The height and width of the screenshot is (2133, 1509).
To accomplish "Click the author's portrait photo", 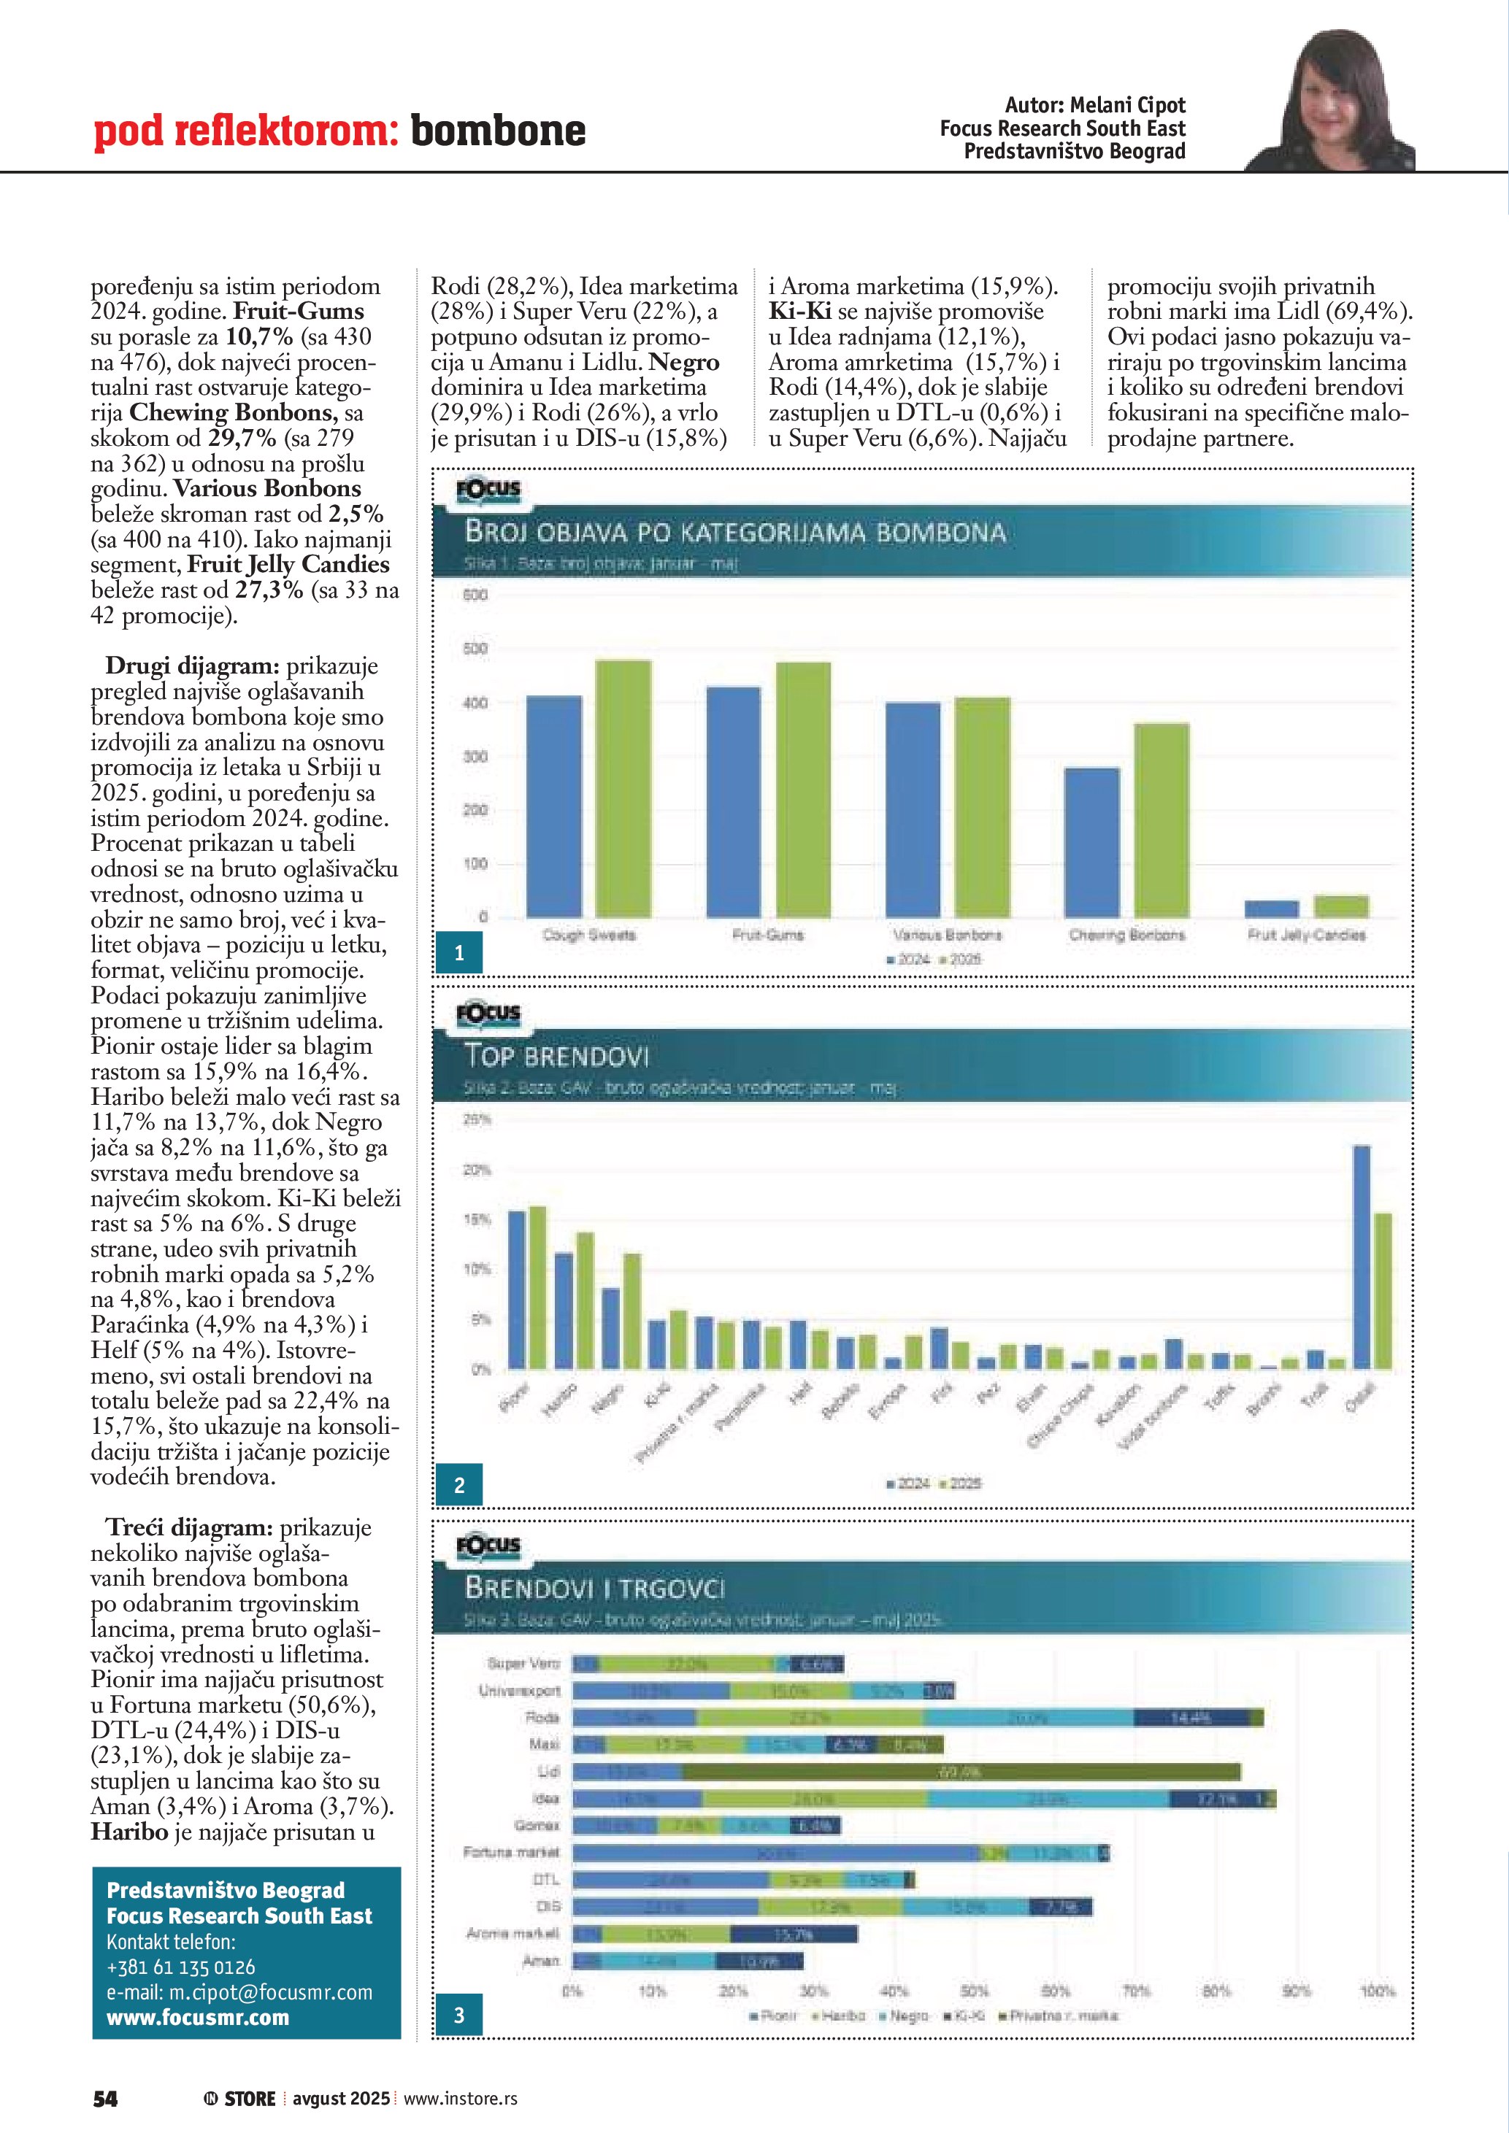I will point(1338,102).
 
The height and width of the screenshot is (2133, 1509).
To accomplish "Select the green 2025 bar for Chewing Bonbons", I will point(1161,819).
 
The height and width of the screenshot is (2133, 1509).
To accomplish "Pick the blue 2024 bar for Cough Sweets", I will point(554,806).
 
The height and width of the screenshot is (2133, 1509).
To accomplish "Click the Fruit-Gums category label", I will point(767,935).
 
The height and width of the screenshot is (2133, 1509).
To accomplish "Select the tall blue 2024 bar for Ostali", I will point(1362,1256).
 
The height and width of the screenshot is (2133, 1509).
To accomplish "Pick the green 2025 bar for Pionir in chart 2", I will point(537,1287).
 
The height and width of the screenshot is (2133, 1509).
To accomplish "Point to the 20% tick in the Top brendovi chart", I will point(476,1170).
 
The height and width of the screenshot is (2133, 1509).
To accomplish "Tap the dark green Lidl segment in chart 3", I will point(961,1772).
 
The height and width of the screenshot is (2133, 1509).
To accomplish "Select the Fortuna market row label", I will point(511,1853).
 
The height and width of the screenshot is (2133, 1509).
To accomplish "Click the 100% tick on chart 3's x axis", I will point(1377,1991).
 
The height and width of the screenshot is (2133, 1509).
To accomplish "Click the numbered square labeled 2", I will point(459,1484).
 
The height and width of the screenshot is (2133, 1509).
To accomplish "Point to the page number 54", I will point(105,2098).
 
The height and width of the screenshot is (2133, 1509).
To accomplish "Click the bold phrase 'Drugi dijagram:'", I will point(191,666).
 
